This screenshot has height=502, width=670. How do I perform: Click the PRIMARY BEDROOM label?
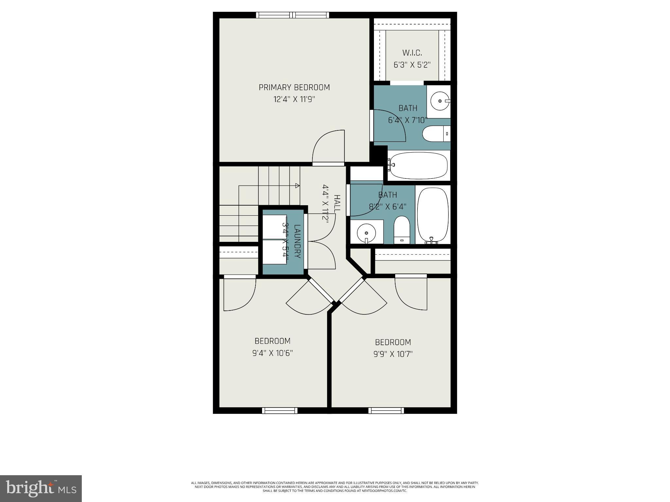click(294, 88)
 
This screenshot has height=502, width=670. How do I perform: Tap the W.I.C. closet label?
click(412, 53)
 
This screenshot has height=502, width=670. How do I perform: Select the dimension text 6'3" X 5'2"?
click(412, 65)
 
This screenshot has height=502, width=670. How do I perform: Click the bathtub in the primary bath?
click(418, 165)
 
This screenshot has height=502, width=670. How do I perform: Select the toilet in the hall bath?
click(402, 230)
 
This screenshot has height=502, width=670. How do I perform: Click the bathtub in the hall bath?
click(433, 215)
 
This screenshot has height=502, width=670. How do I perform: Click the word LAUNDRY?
click(297, 241)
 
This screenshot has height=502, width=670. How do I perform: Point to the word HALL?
click(337, 203)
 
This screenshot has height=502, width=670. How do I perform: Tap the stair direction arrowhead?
click(297, 186)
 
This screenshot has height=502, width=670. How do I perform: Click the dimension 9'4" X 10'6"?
click(272, 353)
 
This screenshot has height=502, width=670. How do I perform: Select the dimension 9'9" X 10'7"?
click(393, 354)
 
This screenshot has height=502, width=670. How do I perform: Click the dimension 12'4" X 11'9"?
click(294, 99)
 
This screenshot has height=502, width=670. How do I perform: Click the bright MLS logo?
click(41, 488)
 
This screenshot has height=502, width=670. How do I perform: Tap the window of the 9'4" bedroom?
click(280, 410)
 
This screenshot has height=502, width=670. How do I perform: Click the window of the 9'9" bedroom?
click(386, 410)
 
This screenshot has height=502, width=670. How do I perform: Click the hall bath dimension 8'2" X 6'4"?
click(388, 207)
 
